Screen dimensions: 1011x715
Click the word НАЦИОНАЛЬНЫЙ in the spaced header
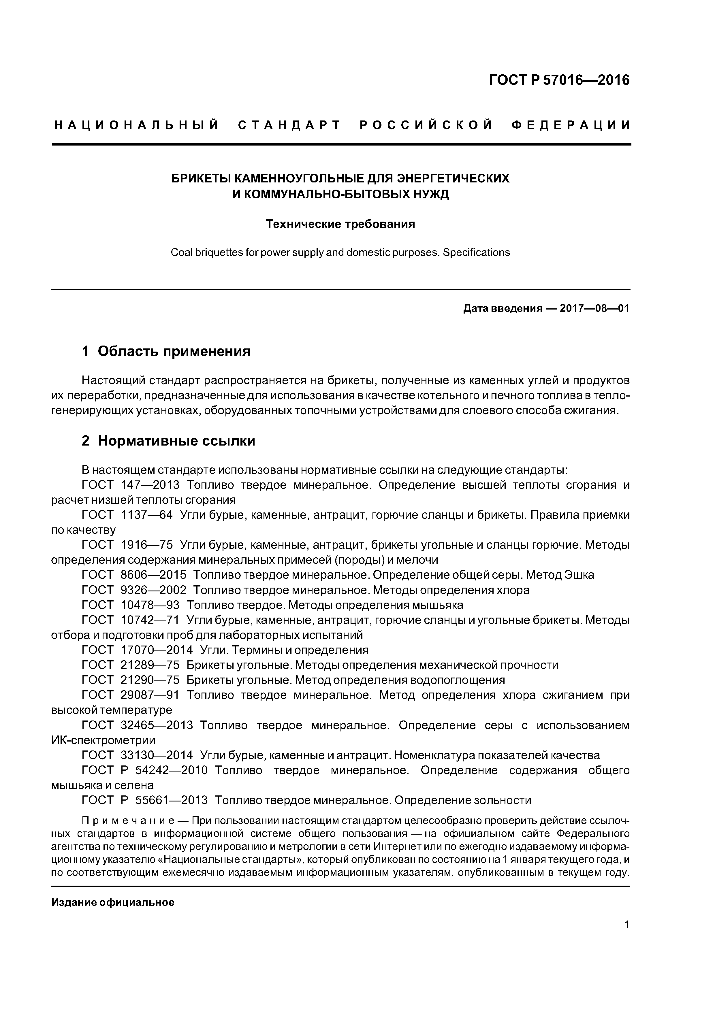[137, 125]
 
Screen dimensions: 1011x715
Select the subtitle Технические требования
[340, 224]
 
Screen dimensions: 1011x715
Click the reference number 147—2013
[150, 485]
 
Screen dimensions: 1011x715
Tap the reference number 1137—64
[147, 515]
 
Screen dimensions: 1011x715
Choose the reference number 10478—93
[150, 605]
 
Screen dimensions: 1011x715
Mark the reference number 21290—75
[150, 680]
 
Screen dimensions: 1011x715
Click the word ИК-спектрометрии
[103, 740]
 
